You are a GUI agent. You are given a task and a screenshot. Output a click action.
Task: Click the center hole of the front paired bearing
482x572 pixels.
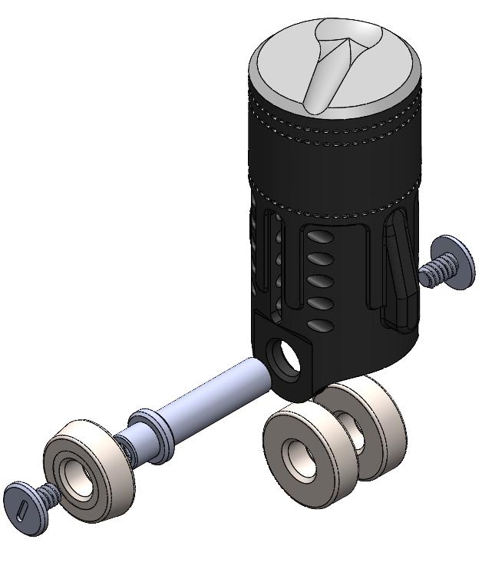[x=295, y=455]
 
